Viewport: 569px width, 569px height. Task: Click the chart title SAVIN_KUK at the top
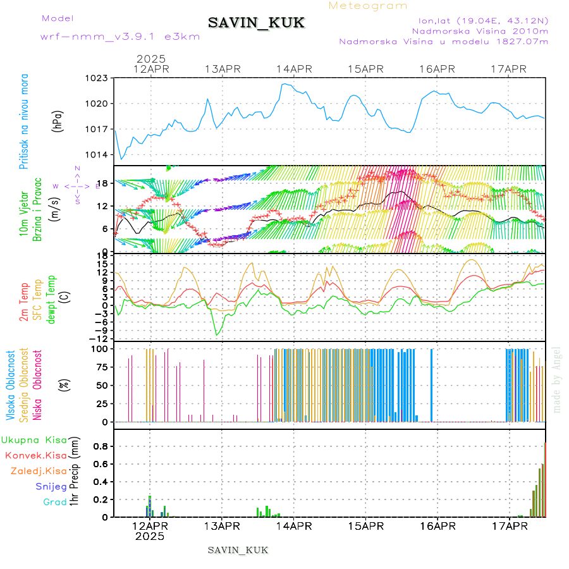256,23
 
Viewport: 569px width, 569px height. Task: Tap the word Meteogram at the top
369,6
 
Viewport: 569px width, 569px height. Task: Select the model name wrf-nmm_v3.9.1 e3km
120,36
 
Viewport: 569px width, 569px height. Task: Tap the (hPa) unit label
58,121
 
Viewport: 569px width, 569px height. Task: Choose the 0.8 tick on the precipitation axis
100,446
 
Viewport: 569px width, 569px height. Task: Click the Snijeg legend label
51,486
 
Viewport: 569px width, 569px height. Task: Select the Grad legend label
54,502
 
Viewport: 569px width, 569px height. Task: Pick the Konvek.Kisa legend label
35,455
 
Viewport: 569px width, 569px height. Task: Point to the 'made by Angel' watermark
557,379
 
